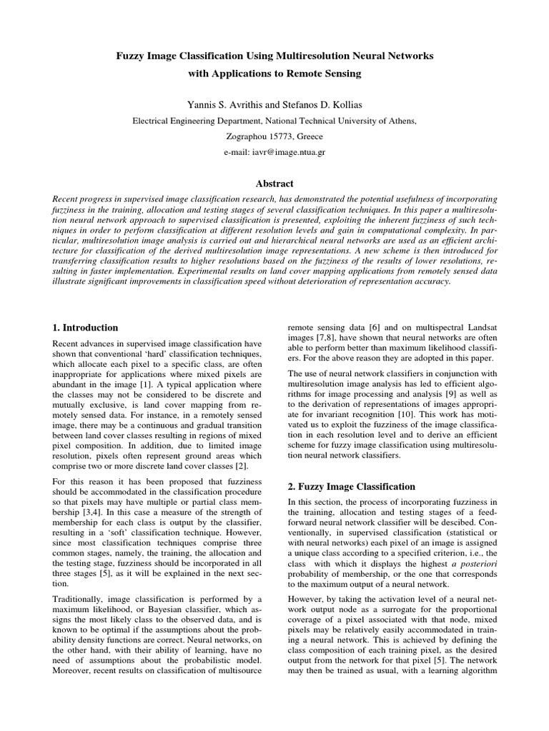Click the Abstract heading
[274, 183]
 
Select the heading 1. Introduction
[86, 328]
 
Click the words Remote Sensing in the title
[325, 73]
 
